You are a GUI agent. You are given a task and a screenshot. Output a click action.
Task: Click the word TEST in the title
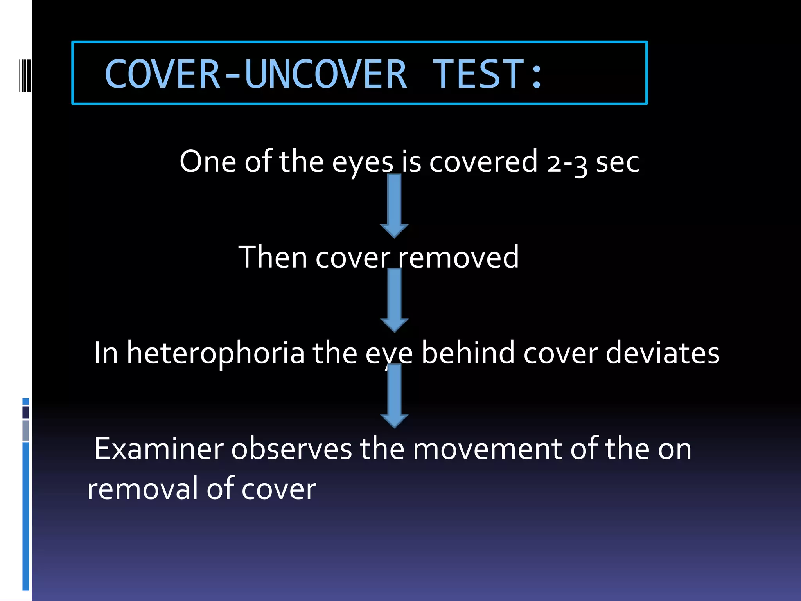click(478, 74)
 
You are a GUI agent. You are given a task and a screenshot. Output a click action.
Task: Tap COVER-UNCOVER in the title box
click(256, 74)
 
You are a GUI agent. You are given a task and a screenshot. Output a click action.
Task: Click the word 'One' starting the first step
click(207, 162)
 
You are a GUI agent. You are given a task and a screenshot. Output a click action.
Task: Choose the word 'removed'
click(458, 257)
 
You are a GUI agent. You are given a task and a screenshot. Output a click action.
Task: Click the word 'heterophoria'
click(216, 353)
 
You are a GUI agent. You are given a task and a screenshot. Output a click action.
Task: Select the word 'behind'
click(468, 353)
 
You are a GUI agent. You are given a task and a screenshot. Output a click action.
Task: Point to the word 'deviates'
click(663, 353)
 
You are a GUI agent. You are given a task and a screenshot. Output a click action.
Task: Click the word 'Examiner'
click(159, 449)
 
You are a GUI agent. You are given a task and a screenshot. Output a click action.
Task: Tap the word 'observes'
click(291, 449)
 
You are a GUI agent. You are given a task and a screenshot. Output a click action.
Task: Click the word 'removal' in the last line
click(142, 489)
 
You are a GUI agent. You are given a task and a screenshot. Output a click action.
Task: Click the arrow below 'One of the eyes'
click(394, 205)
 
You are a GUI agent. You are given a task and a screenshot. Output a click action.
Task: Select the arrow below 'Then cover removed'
click(394, 300)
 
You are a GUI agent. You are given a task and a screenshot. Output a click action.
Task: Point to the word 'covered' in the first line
click(483, 162)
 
